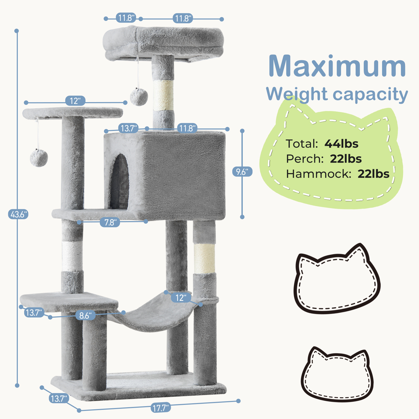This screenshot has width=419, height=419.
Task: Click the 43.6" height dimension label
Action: [x=18, y=214]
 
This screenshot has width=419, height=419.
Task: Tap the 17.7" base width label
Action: [x=161, y=408]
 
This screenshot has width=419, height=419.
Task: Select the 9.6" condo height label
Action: [x=242, y=172]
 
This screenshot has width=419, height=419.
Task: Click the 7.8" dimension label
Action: [x=110, y=223]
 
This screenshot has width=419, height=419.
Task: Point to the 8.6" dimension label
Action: [x=85, y=316]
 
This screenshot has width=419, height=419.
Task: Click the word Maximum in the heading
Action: [x=337, y=67]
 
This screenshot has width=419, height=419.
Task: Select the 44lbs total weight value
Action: [x=341, y=144]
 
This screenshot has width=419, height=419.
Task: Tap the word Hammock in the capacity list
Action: [x=318, y=174]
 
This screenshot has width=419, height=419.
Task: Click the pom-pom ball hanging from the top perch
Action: [x=139, y=97]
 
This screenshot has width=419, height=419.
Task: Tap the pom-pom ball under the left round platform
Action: [x=39, y=158]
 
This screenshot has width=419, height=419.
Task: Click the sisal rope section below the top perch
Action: [x=163, y=95]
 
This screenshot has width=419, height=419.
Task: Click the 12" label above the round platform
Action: [x=75, y=101]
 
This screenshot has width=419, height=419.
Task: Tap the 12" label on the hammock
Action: [x=181, y=298]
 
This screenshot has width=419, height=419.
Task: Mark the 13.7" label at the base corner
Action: [x=59, y=399]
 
